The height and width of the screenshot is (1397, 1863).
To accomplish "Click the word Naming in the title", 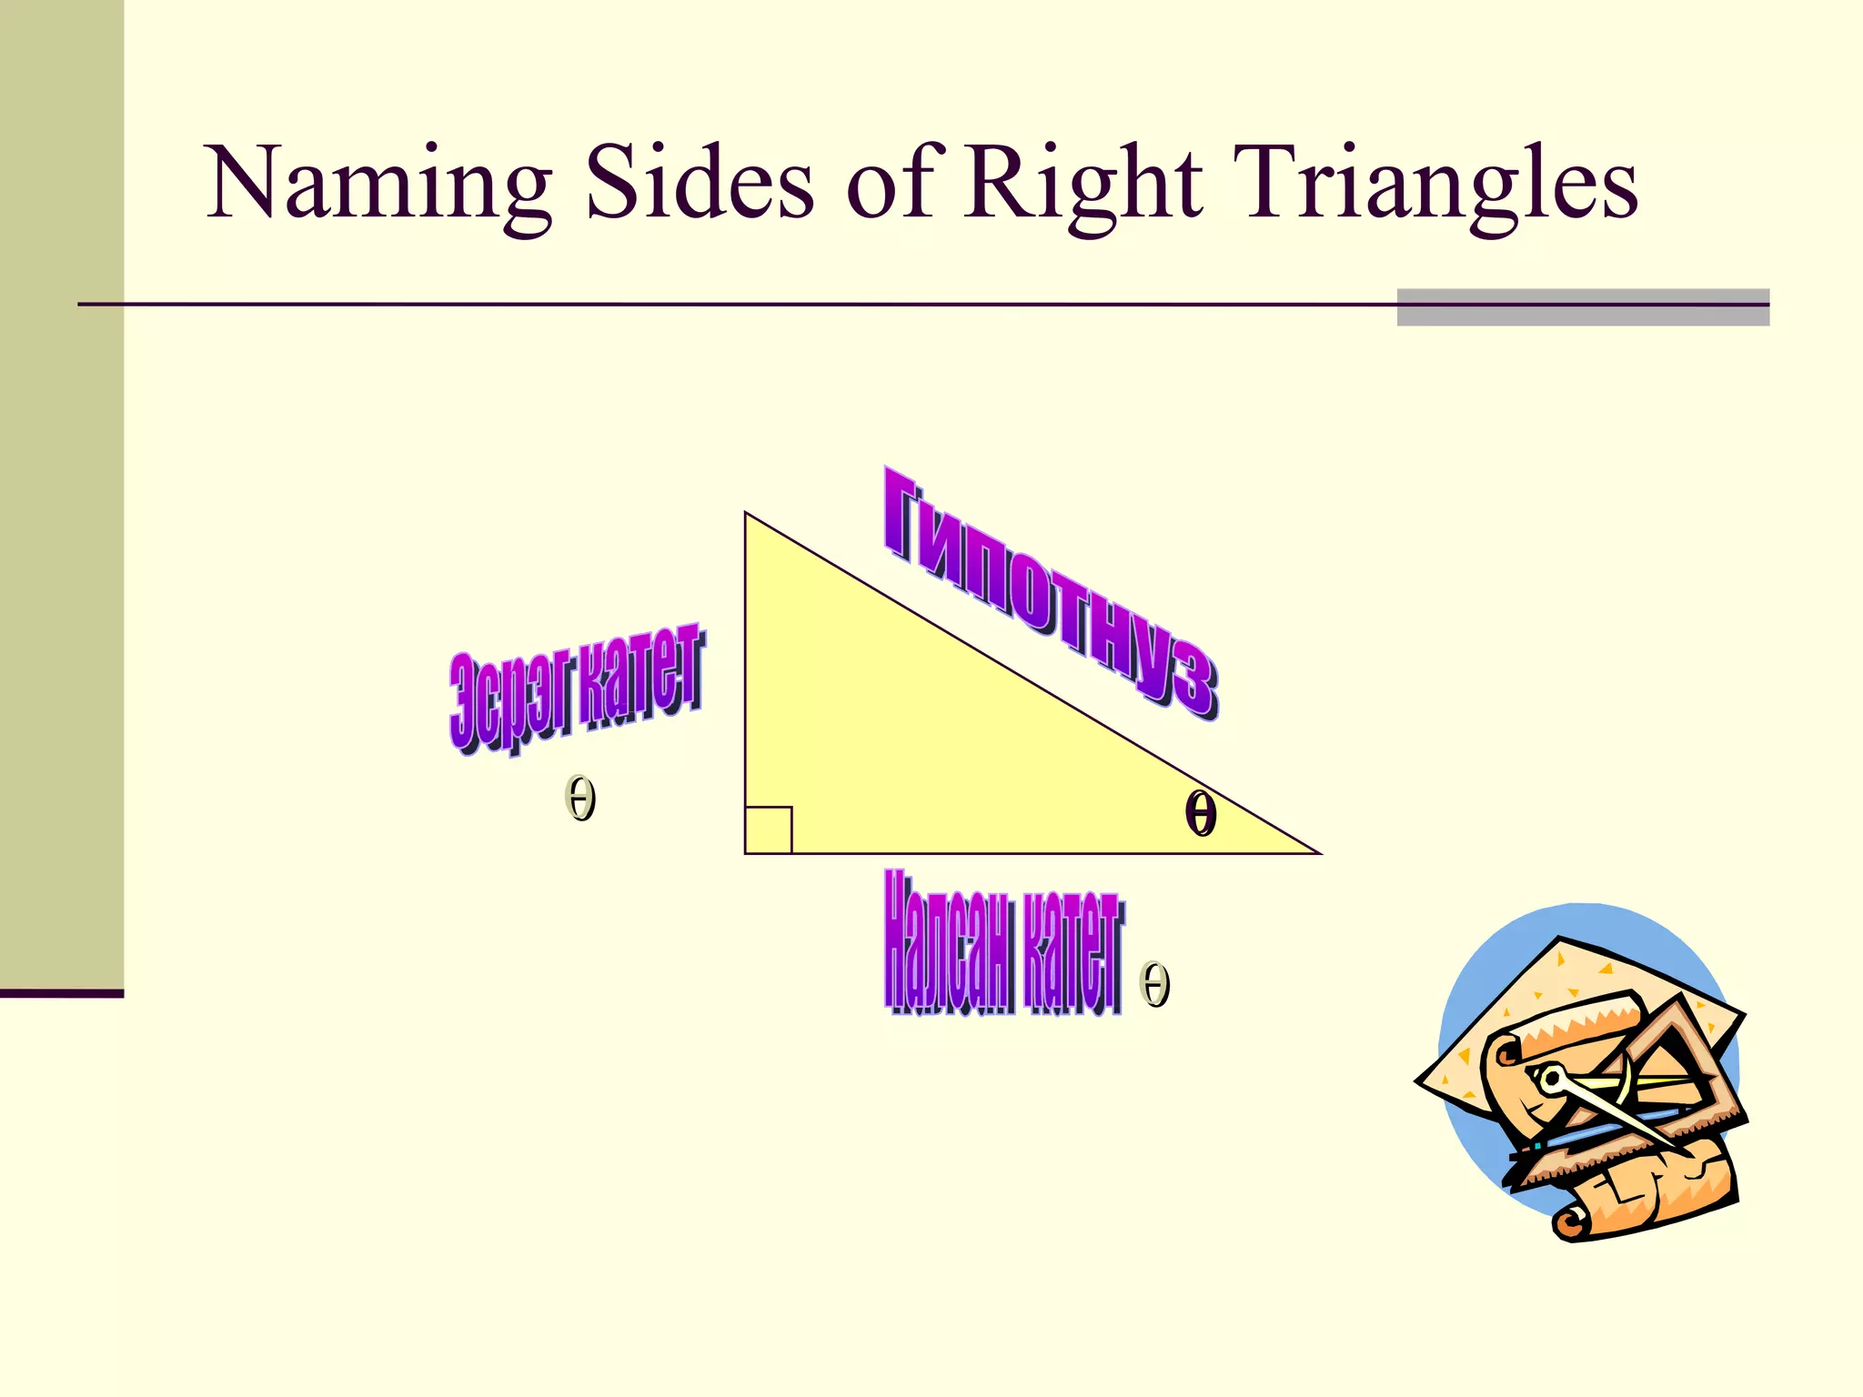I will point(378,186).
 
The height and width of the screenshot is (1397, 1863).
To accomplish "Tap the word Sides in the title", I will point(699,184).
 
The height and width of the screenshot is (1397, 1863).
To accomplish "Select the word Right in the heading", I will point(1083,186).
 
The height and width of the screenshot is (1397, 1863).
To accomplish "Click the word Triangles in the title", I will point(1437,186).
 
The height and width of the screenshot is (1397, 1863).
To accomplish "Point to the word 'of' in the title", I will point(890,184).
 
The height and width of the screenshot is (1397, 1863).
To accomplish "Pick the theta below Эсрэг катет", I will point(580,799).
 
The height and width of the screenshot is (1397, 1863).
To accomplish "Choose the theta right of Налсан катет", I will point(1154,984).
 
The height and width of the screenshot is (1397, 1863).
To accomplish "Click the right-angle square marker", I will point(768,829).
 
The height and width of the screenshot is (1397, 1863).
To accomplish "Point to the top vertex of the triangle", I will point(746,515).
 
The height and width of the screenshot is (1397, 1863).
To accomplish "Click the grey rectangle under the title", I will point(1583,307).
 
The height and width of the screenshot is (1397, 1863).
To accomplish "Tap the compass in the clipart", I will point(1610,1114).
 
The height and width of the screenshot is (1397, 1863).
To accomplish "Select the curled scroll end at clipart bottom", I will point(1568,1223).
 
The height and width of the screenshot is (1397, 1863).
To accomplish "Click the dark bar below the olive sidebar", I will point(61,993).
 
